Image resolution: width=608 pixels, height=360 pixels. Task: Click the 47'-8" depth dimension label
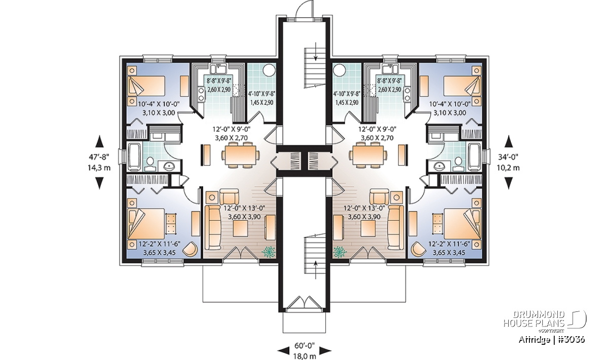99,157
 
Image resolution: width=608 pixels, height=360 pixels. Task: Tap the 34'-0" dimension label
508,157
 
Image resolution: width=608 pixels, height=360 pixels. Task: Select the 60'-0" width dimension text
305,345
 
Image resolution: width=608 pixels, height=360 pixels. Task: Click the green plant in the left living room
269,252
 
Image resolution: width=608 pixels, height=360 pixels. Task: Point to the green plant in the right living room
339,252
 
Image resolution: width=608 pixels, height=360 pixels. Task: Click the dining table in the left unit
241,155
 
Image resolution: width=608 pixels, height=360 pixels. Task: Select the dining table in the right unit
367,155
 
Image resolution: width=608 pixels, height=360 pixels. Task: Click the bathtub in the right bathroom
474,157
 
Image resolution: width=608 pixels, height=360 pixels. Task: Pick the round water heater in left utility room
269,70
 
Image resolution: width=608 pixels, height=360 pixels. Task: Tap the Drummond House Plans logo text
534,319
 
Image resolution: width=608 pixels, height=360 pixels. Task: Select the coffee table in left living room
240,229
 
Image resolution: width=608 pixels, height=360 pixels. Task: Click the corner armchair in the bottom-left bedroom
191,249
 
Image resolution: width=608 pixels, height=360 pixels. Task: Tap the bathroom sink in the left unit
170,165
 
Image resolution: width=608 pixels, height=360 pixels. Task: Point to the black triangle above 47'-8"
100,141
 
